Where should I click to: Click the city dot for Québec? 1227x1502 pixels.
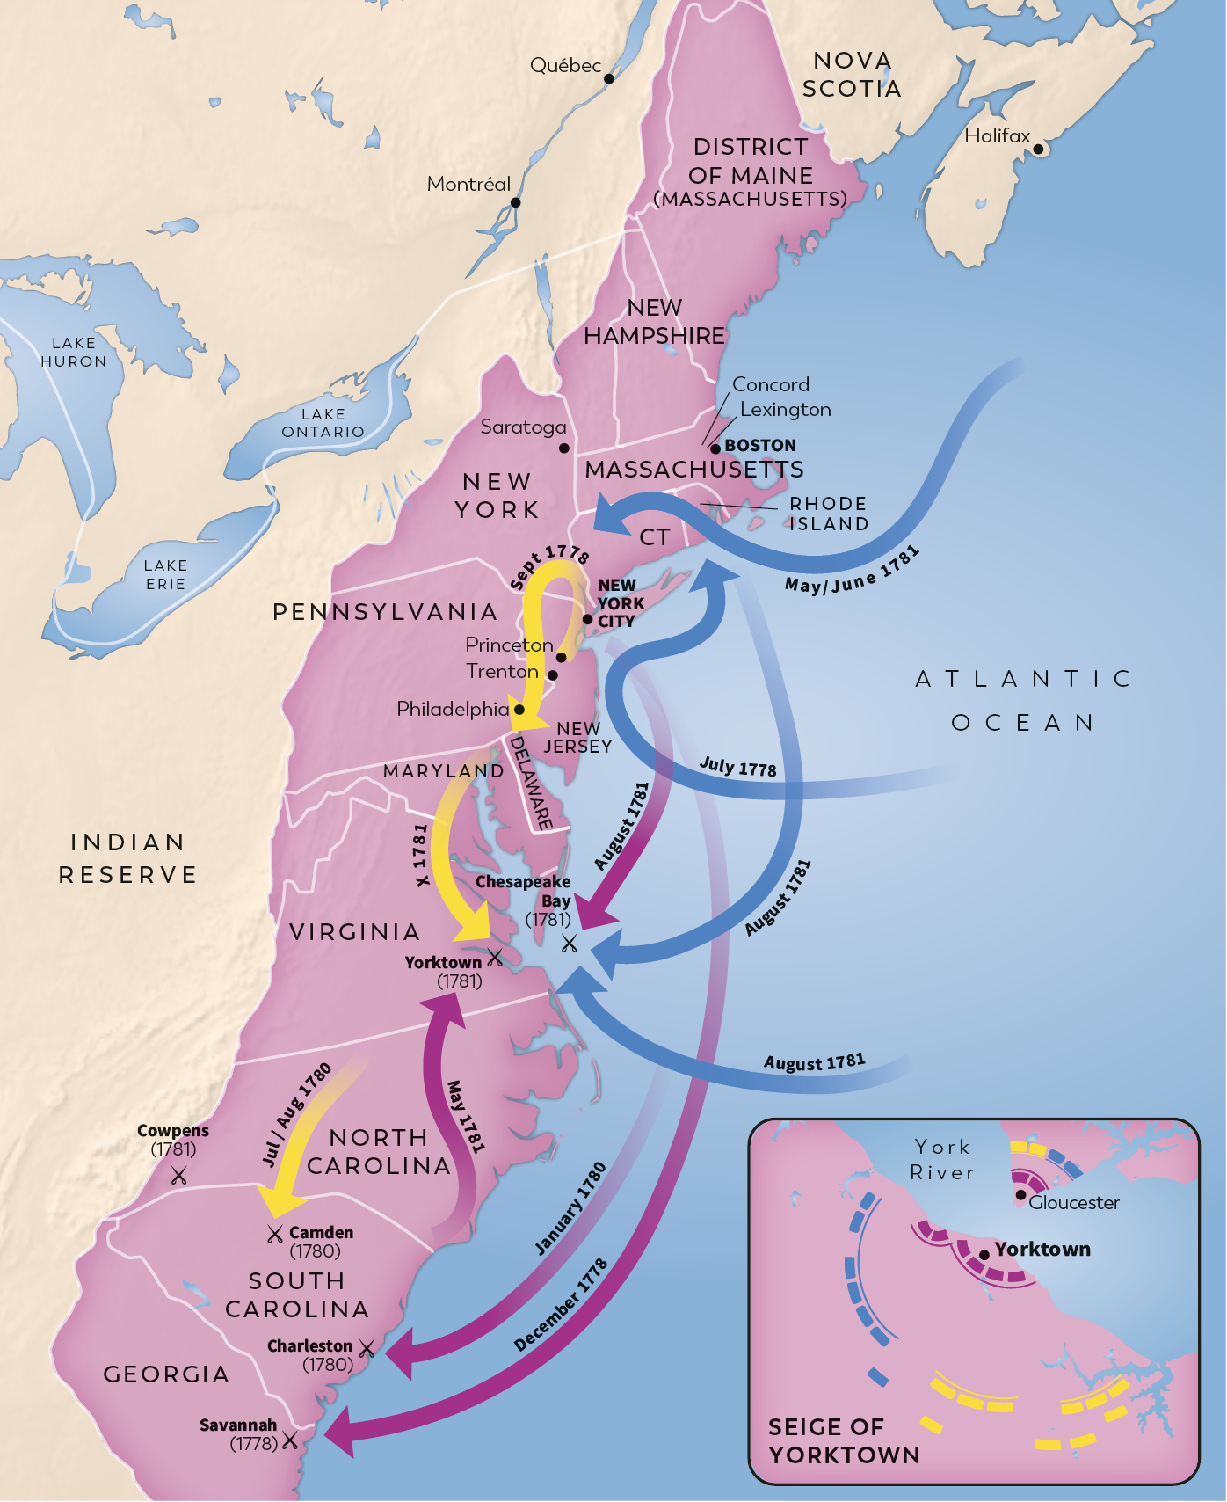pos(608,78)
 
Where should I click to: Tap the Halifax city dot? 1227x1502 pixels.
pos(1038,149)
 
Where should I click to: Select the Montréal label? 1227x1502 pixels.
pos(468,184)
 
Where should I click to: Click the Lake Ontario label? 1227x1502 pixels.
pos(323,423)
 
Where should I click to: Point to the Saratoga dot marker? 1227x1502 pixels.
pos(564,448)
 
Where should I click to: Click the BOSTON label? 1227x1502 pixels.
pos(760,445)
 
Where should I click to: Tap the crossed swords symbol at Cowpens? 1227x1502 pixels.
pos(179,1175)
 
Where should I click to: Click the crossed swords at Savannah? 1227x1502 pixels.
pos(289,1440)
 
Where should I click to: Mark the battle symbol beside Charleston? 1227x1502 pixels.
pos(367,1347)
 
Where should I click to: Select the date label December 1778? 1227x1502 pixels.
pos(561,1305)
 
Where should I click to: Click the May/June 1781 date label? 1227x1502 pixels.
pos(852,570)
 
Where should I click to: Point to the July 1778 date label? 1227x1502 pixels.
pos(737,767)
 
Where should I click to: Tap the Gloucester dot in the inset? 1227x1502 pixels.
pos(1020,1194)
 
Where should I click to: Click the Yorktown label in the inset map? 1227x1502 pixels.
pos(1042,1249)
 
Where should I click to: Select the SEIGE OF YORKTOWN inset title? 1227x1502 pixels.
pos(843,1440)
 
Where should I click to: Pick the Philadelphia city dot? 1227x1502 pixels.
pos(519,709)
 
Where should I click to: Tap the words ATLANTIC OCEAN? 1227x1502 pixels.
pos(1023,701)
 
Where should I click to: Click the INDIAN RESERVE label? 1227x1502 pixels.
pos(128,858)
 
